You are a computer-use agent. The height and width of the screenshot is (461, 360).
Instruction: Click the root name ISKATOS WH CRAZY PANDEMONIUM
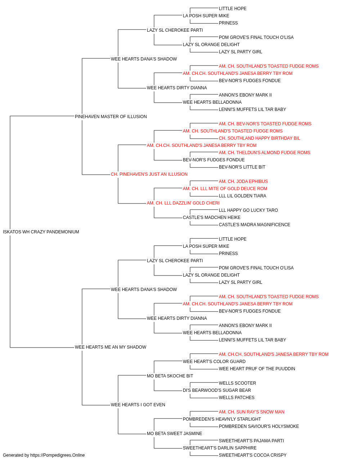coord(41,232)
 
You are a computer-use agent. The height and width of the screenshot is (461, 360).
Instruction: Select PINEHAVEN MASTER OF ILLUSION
coord(111,117)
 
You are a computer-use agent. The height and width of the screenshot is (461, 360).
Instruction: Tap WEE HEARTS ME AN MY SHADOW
coord(111,347)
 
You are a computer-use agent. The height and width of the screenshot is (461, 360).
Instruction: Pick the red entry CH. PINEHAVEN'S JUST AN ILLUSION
coord(149,174)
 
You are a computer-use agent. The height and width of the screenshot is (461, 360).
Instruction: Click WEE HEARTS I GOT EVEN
coord(138,405)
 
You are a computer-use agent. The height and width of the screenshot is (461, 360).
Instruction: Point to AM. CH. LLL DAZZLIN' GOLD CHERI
coord(183,203)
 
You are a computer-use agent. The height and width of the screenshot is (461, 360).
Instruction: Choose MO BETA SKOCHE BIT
coord(170,376)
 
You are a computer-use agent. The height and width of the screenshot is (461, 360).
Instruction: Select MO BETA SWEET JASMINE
coord(174,434)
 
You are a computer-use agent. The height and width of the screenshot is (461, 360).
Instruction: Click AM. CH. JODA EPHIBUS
coord(243,182)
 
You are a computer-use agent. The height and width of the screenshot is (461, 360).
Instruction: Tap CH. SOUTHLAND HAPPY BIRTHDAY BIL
coord(259,138)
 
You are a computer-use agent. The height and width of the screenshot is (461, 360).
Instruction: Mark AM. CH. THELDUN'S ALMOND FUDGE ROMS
coord(264,153)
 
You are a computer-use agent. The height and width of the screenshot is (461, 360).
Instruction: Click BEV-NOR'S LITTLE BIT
coord(242,167)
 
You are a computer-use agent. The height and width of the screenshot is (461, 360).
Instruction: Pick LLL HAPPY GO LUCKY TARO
coord(248,210)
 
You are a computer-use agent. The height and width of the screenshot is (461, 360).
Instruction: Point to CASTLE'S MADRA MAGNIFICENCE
coord(255,225)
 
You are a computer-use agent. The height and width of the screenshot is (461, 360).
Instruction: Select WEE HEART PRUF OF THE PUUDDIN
coord(257,369)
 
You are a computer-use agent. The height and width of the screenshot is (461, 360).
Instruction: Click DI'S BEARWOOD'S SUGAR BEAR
coord(217,390)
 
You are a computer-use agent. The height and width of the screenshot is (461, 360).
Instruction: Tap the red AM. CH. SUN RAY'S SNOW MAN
coord(251,412)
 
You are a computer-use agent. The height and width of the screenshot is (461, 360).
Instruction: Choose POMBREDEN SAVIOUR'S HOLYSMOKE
coord(258,426)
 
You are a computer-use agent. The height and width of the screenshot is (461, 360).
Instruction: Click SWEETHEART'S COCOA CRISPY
coord(252,455)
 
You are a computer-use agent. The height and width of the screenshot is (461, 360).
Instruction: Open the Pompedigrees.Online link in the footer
coord(57,455)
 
